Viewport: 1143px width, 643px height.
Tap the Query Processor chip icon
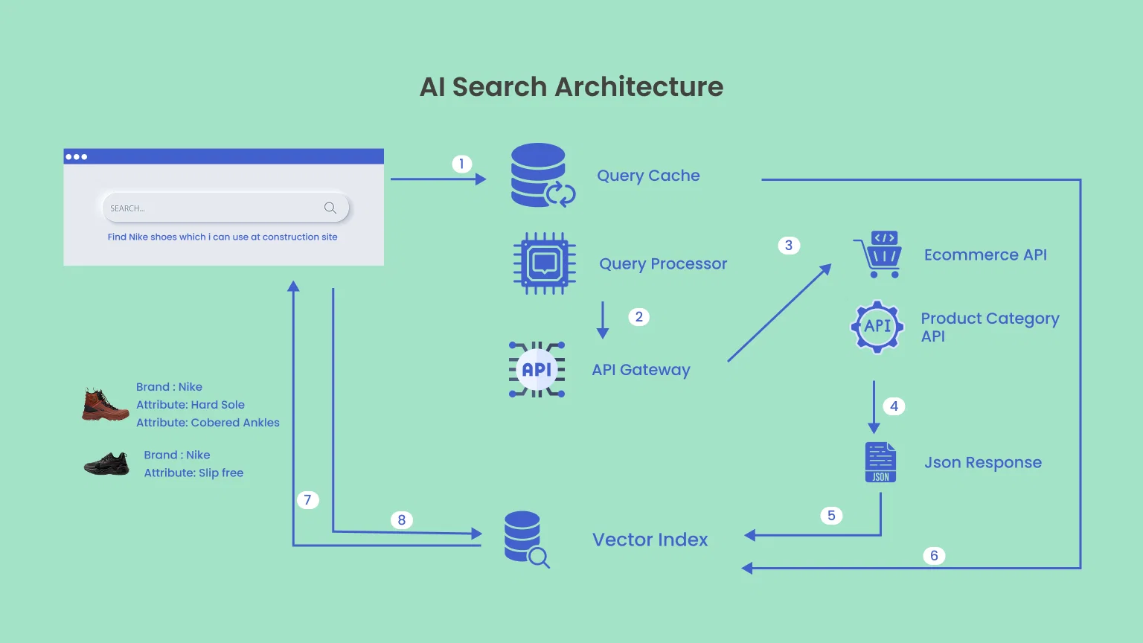pyautogui.click(x=545, y=263)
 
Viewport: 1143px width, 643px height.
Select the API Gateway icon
pyautogui.click(x=537, y=369)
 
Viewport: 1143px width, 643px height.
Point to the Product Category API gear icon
pyautogui.click(x=877, y=326)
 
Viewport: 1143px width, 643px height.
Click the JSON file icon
pyautogui.click(x=880, y=462)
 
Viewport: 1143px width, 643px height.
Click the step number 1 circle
pyautogui.click(x=461, y=164)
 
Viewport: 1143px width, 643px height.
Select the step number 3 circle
pyautogui.click(x=789, y=246)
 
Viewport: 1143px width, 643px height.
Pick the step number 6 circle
pyautogui.click(x=934, y=556)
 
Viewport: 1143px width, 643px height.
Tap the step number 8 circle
pyautogui.click(x=402, y=520)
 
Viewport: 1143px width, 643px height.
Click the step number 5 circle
pyautogui.click(x=831, y=516)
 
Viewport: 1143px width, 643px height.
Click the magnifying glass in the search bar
pyautogui.click(x=330, y=208)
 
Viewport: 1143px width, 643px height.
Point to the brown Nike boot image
pyautogui.click(x=105, y=405)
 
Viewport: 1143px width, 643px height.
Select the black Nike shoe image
pyautogui.click(x=106, y=464)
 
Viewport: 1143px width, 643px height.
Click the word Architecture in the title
pyautogui.click(x=639, y=87)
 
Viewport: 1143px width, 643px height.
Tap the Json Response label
pyautogui.click(x=982, y=463)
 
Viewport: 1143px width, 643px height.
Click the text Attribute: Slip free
pyautogui.click(x=193, y=473)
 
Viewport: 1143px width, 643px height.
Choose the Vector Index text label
pyautogui.click(x=650, y=540)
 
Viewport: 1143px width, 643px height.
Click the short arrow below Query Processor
pyautogui.click(x=603, y=320)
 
